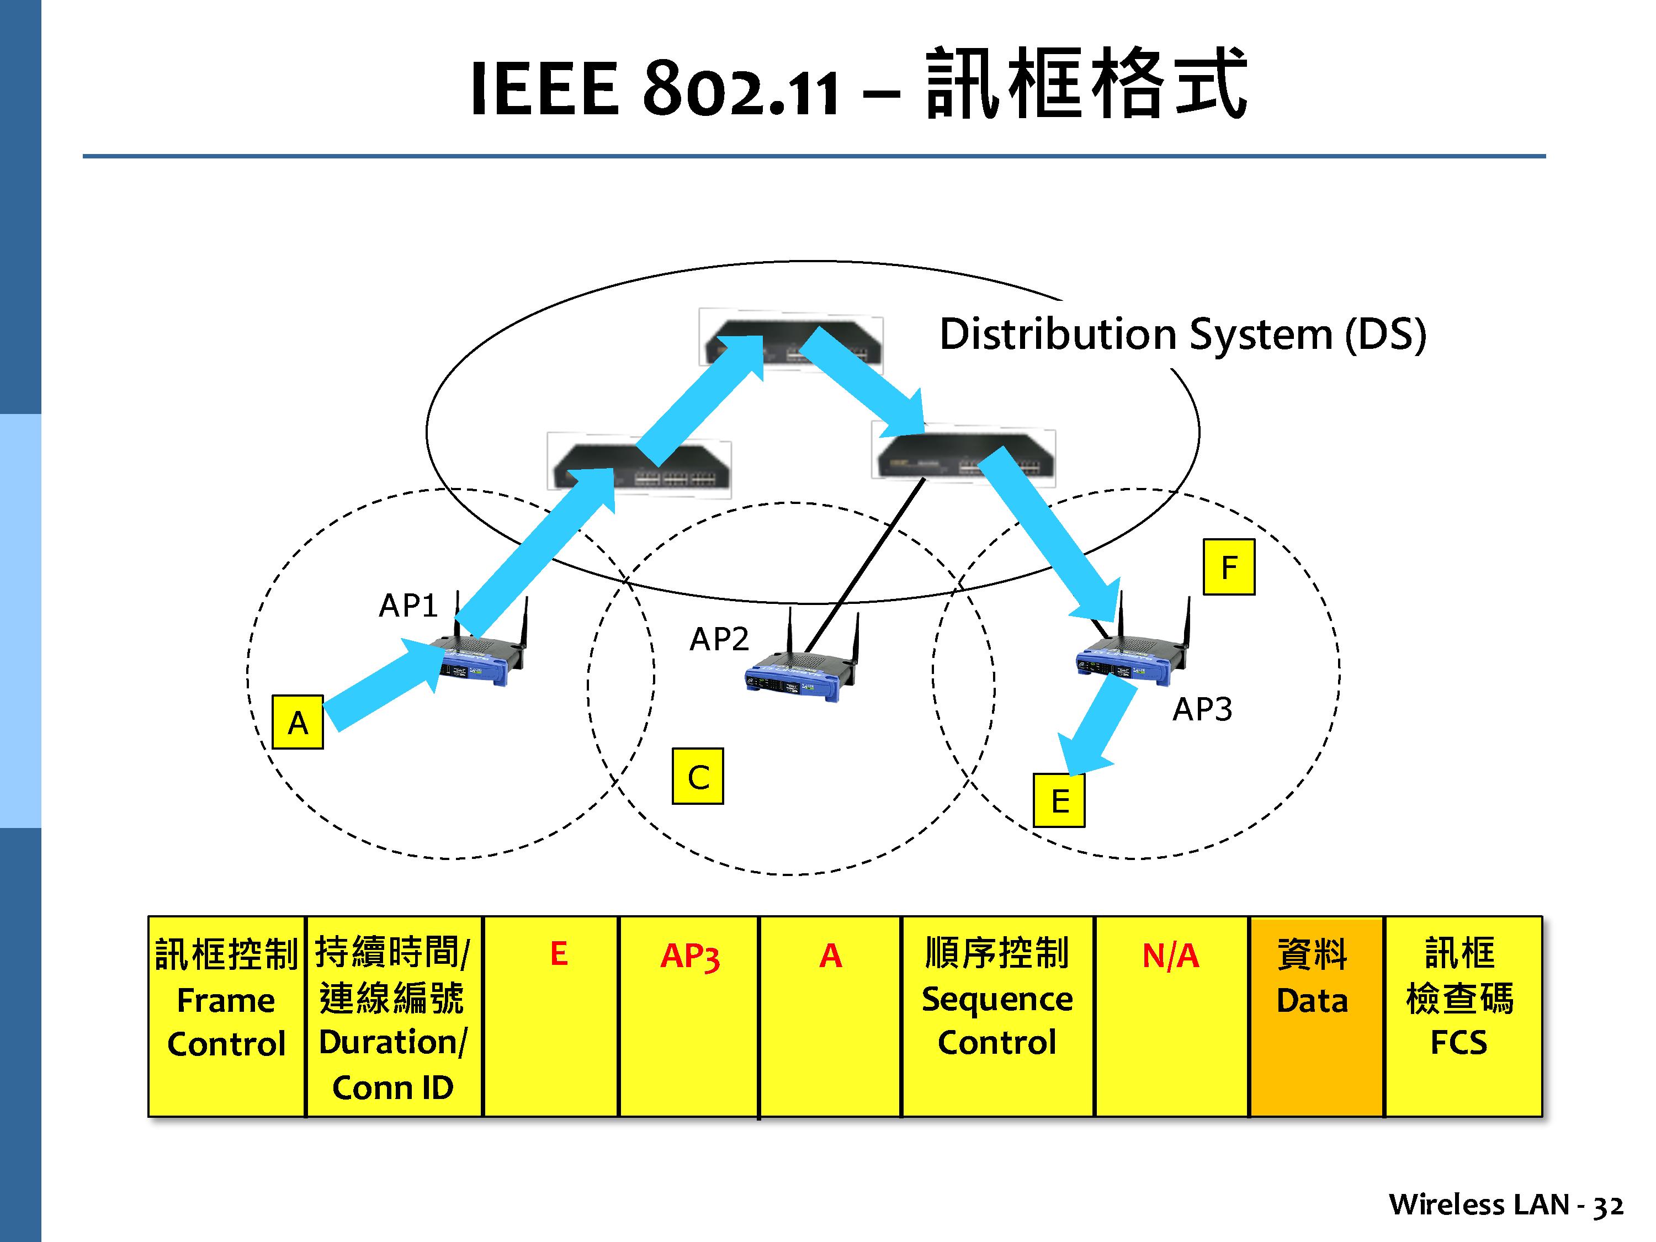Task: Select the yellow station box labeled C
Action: [x=698, y=776]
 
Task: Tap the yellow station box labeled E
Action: [x=1059, y=800]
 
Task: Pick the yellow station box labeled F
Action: [x=1229, y=567]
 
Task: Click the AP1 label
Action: [x=408, y=605]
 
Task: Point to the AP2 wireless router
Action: [x=801, y=670]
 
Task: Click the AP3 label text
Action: [x=1202, y=708]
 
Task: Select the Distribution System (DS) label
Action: [x=1182, y=334]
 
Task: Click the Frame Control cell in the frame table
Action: [x=226, y=1016]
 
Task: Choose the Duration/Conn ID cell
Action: [x=393, y=1016]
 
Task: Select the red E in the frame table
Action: [x=559, y=954]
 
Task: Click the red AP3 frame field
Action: [x=689, y=956]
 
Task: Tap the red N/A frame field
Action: [x=1170, y=956]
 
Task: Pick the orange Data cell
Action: [x=1315, y=1016]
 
